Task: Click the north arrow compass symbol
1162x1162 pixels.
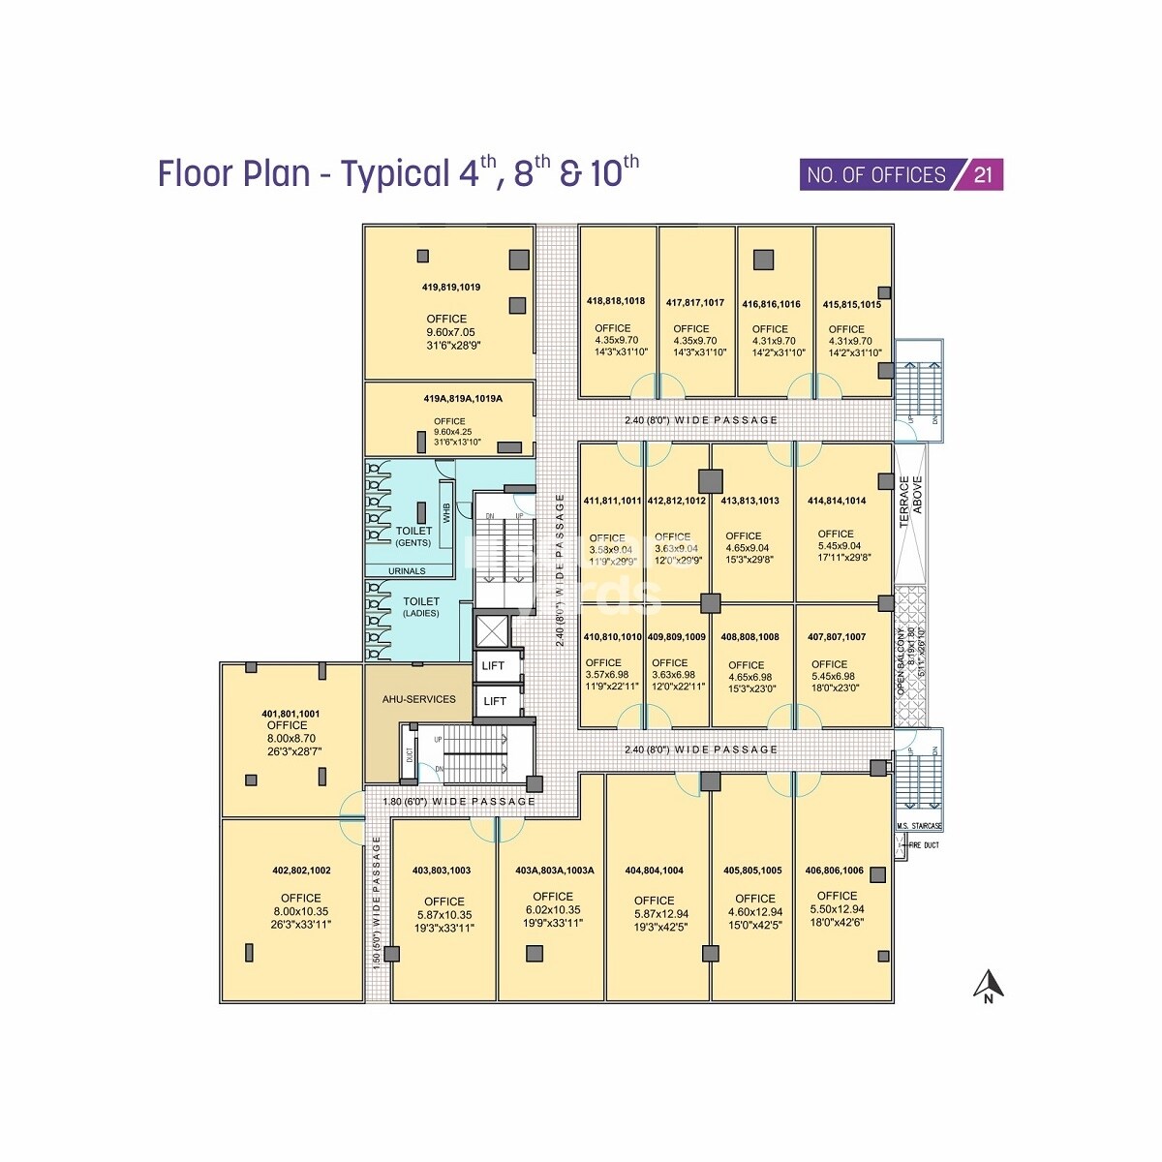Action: click(988, 986)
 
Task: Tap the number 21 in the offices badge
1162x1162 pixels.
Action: click(983, 175)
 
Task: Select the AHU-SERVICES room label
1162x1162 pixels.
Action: click(418, 699)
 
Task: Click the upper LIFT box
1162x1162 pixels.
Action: click(494, 666)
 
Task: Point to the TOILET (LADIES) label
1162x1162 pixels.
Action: click(421, 607)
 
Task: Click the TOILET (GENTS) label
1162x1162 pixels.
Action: click(413, 536)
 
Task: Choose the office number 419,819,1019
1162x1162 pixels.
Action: click(450, 288)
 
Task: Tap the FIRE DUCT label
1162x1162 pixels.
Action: click(924, 845)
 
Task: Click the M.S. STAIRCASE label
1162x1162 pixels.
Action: click(918, 826)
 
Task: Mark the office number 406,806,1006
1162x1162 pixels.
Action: click(834, 871)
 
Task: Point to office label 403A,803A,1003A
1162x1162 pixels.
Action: click(554, 871)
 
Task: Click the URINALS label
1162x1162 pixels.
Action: click(407, 571)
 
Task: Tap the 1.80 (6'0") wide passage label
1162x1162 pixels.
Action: click(458, 802)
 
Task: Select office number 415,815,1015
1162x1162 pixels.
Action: click(852, 304)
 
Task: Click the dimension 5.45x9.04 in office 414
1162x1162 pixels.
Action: click(840, 545)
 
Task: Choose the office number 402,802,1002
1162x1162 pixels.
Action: click(301, 871)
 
